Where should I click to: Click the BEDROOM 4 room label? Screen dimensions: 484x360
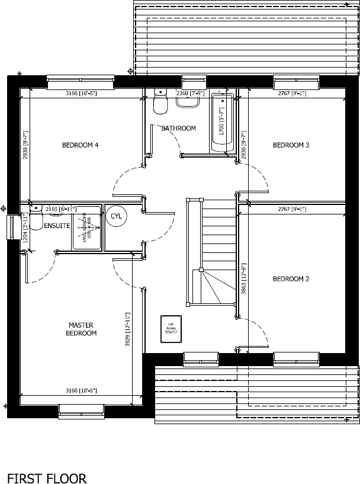tap(81, 145)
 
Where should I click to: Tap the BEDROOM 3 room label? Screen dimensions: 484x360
tap(291, 145)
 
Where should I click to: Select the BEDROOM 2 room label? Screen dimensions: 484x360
tap(291, 279)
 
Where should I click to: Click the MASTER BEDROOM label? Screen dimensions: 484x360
tap(82, 329)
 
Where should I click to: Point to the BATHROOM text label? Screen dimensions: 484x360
tap(178, 129)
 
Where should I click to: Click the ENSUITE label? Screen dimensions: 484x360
tap(57, 226)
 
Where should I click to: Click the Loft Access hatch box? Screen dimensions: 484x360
tap(171, 328)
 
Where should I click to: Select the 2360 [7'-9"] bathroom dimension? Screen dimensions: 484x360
tap(190, 94)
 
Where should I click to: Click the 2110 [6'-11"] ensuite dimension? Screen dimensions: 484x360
tap(59, 209)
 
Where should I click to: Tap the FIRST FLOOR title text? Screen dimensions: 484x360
tap(46, 462)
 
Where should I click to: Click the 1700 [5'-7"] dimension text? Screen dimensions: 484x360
tap(221, 125)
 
